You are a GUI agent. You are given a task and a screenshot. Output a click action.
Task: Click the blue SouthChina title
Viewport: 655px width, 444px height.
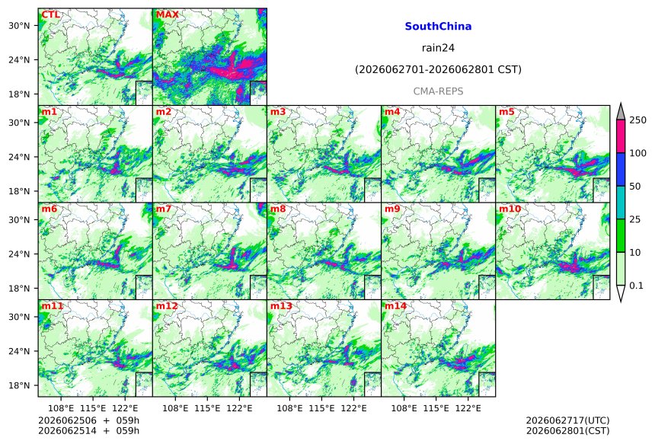[438, 27]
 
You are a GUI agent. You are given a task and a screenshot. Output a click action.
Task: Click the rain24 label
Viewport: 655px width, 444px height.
[438, 48]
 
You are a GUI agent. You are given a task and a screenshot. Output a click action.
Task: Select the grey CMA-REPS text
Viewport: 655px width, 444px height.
[438, 91]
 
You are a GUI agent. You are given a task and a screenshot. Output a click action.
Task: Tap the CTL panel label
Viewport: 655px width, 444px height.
[50, 14]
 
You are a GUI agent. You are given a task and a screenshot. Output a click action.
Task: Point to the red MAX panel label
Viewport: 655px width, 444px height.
[167, 14]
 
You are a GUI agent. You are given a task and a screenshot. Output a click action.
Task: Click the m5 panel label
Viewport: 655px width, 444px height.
[506, 111]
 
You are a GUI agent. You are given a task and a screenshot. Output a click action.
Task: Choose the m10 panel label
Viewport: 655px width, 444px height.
[510, 209]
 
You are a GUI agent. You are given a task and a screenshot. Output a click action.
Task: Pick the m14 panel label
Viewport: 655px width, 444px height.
[395, 305]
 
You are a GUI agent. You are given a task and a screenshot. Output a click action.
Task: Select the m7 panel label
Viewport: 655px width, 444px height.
[163, 209]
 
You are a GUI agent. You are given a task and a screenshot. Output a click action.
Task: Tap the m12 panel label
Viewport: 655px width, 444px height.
[167, 305]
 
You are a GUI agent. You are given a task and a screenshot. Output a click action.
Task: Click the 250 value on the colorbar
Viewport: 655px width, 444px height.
[637, 120]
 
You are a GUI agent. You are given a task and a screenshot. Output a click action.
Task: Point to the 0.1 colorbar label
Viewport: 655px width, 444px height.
[636, 286]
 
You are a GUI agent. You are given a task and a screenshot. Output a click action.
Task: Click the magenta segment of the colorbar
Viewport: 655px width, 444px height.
[621, 136]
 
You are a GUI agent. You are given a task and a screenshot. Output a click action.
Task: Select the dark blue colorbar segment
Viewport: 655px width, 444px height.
[621, 169]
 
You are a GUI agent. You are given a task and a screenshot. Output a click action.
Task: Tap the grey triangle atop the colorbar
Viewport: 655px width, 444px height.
[621, 112]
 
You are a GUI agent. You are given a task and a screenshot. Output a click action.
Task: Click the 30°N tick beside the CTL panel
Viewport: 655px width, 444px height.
[19, 25]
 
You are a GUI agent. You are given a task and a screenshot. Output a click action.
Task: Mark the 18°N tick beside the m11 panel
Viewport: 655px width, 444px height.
[19, 385]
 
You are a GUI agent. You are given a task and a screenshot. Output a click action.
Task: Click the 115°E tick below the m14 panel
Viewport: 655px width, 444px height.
[436, 408]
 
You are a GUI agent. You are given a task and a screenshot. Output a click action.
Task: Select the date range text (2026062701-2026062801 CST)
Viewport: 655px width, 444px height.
[438, 69]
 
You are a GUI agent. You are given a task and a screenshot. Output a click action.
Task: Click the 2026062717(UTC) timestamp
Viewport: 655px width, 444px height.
[567, 420]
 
